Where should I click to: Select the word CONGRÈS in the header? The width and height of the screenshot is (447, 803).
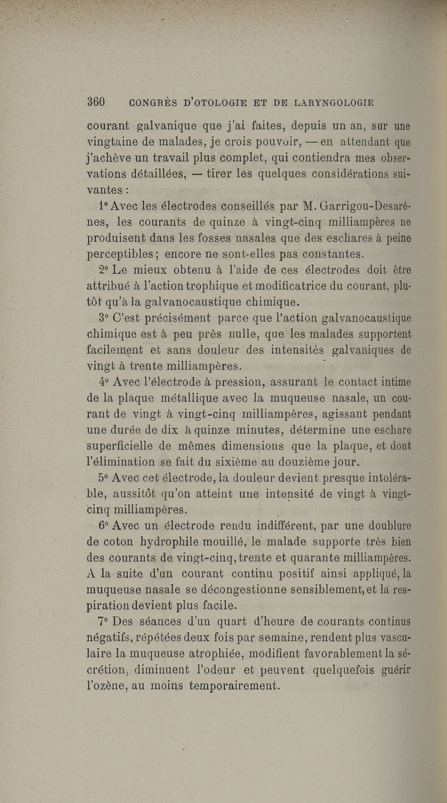[x=155, y=103]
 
